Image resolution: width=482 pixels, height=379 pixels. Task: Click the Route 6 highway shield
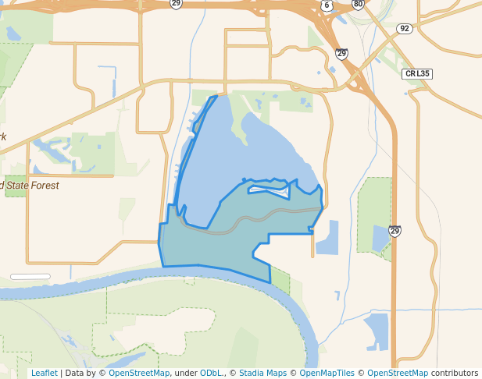click(327, 5)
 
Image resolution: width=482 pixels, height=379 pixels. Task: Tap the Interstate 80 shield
click(358, 4)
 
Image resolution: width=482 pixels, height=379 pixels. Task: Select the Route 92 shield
click(404, 29)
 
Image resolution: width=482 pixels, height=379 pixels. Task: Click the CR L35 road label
click(417, 74)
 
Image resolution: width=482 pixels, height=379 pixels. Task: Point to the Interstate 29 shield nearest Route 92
click(341, 53)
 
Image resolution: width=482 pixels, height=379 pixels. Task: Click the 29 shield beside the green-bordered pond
click(395, 231)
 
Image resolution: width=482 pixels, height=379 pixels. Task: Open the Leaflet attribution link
click(44, 373)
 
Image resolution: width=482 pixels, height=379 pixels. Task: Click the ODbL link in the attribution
click(211, 373)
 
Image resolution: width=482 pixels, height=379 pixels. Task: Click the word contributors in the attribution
click(455, 373)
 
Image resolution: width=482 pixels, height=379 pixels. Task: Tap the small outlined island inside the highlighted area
click(269, 188)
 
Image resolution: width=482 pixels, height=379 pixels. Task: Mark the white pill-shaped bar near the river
click(30, 276)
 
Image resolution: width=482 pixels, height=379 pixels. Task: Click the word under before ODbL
click(186, 373)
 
